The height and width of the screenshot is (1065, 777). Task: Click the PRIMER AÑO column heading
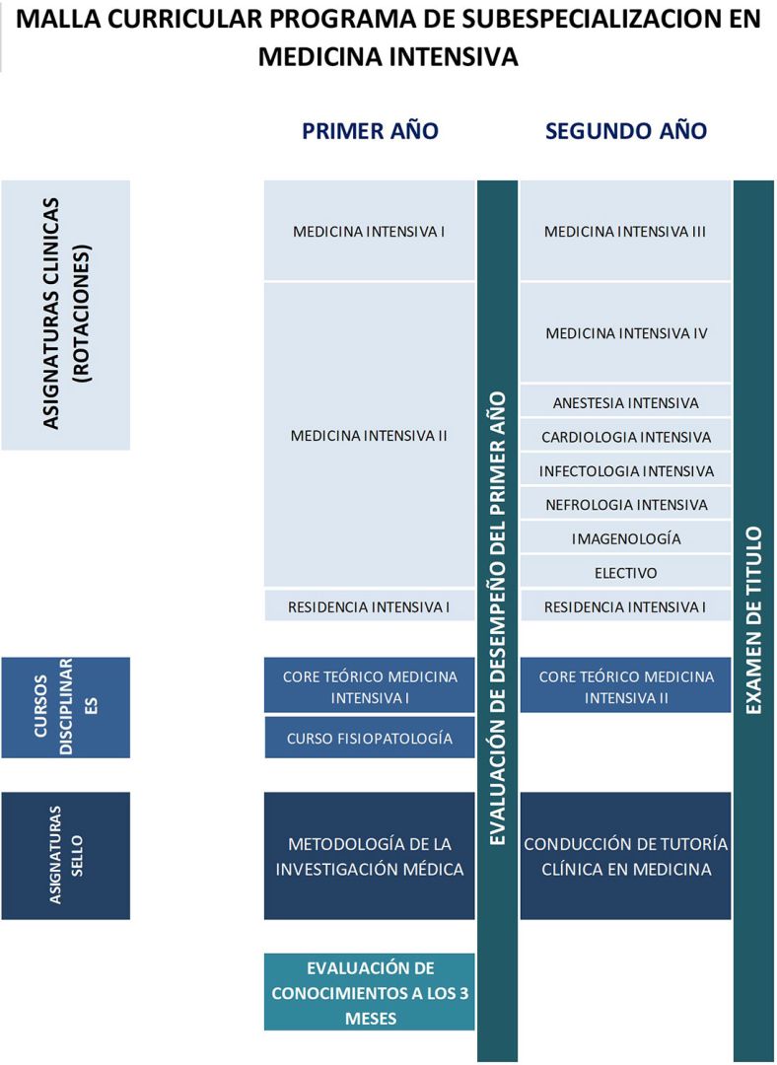(370, 131)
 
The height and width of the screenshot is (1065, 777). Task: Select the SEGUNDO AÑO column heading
(625, 131)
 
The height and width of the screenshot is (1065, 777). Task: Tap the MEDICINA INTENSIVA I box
(369, 232)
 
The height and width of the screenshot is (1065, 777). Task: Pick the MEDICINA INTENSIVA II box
(369, 435)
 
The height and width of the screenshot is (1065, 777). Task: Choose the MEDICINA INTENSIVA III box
(625, 232)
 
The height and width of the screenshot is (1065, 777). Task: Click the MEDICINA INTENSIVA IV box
(625, 333)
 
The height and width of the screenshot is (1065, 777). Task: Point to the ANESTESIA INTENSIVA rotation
(625, 402)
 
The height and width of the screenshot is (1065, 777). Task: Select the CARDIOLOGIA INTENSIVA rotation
(625, 437)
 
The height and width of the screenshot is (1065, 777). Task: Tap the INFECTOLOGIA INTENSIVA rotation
(625, 470)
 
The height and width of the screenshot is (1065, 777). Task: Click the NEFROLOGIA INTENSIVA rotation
(625, 505)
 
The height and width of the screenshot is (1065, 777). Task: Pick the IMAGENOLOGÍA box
(625, 538)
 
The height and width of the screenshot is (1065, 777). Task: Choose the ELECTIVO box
(625, 573)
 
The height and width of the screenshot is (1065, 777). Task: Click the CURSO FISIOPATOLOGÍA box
(369, 738)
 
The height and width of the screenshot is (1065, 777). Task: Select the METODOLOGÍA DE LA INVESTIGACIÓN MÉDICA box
(369, 856)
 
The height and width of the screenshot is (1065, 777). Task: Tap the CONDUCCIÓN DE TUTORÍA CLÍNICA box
(625, 856)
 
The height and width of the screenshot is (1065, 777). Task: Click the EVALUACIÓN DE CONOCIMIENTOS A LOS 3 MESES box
(369, 992)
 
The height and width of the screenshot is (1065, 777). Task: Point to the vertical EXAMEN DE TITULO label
(753, 619)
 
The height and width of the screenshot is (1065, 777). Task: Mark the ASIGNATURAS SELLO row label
(65, 856)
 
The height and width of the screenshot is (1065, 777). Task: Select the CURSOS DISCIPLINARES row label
(65, 707)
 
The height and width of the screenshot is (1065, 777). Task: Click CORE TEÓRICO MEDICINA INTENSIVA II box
(625, 686)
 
